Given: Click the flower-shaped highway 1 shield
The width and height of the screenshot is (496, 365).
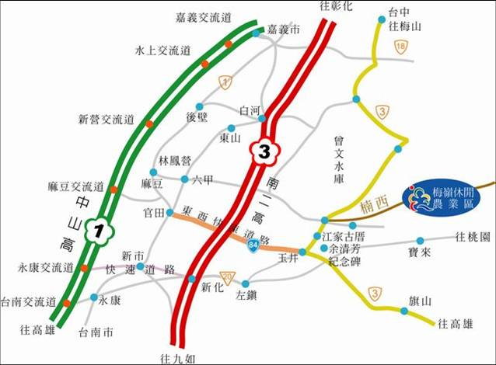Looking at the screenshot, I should (99, 231).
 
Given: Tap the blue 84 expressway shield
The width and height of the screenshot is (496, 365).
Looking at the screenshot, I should (254, 245).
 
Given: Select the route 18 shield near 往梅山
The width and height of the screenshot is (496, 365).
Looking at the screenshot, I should (400, 48).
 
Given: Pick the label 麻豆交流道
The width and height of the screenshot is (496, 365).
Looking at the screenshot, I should (77, 187).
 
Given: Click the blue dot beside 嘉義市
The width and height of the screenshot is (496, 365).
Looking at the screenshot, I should (256, 33).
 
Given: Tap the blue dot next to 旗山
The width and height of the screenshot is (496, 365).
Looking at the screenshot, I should (404, 311).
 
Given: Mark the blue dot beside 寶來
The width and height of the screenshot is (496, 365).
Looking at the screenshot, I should (420, 241).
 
